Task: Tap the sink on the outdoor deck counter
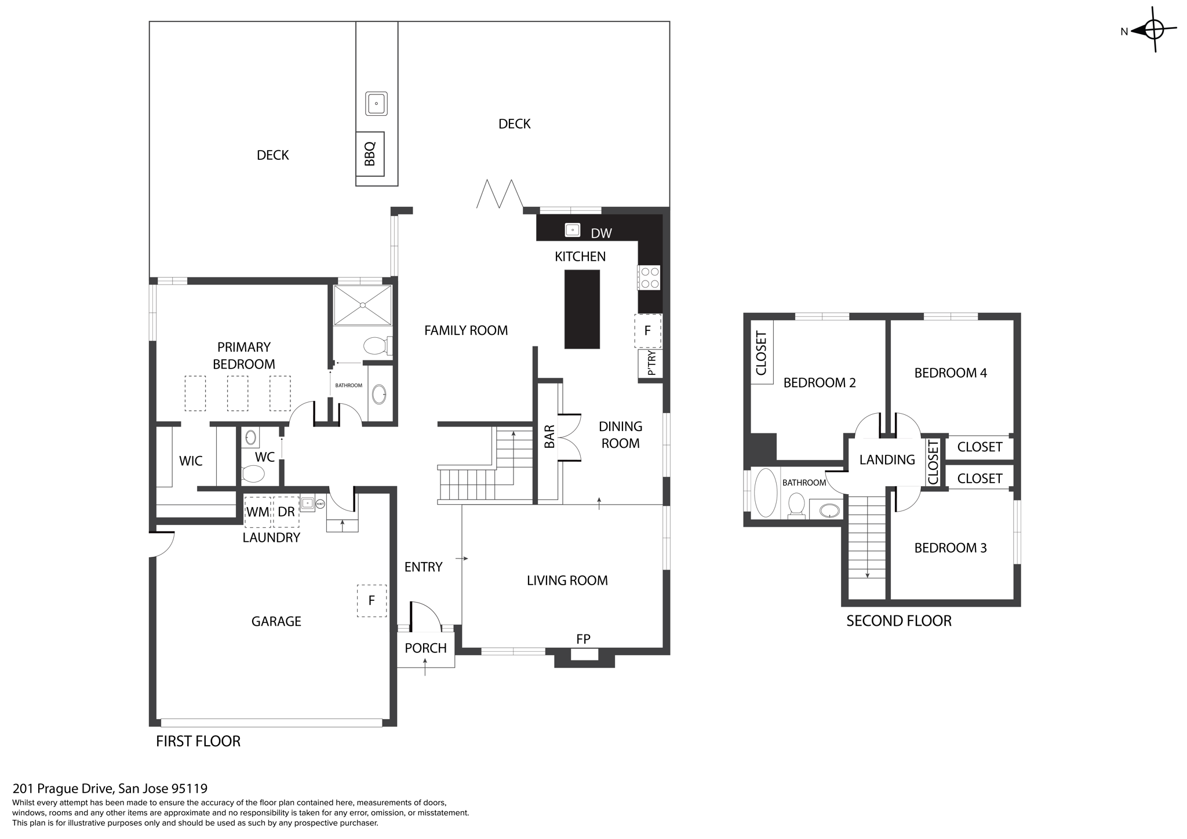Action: [376, 104]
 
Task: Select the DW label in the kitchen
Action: [601, 234]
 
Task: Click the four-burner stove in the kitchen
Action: [649, 277]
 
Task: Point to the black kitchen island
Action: [582, 309]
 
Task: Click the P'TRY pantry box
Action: [650, 363]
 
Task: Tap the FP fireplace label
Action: [583, 639]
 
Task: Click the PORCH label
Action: [425, 648]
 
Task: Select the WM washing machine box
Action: [258, 512]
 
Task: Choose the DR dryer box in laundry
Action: [286, 512]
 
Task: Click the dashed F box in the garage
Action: [372, 600]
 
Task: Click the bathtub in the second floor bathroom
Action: [765, 493]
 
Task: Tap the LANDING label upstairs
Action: [887, 460]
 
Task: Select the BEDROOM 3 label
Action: [950, 548]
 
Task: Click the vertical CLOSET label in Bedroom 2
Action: [762, 353]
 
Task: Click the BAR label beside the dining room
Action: [549, 436]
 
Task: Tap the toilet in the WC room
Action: [253, 473]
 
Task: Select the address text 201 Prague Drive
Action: [110, 789]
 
